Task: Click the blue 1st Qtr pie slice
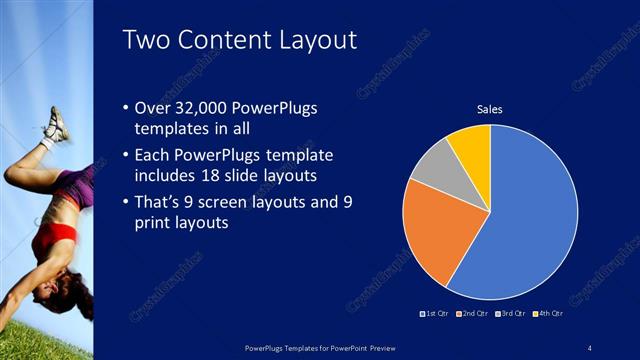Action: tap(530, 210)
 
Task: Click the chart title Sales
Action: tap(489, 109)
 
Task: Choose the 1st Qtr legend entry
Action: tap(434, 315)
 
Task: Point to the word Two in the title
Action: tap(145, 40)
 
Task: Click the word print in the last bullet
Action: tap(153, 223)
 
